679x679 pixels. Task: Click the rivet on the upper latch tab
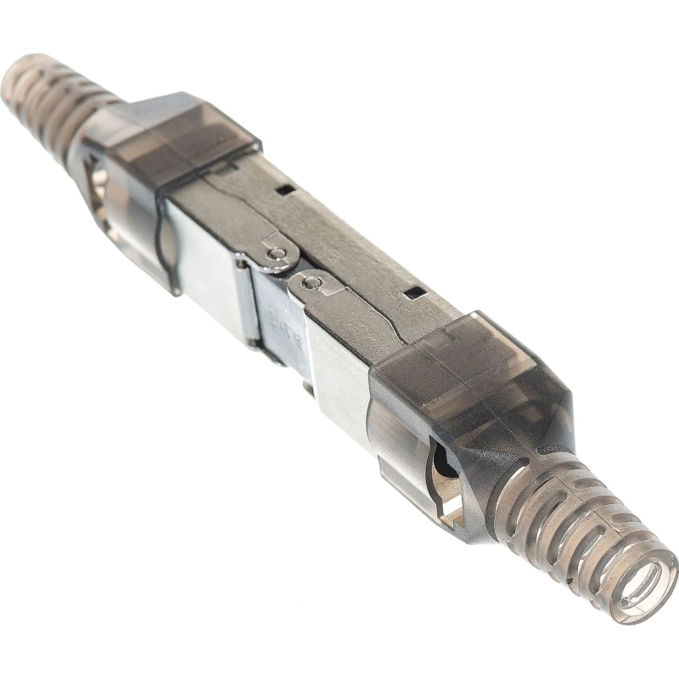pos(273,252)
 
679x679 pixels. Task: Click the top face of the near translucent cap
pos(475,356)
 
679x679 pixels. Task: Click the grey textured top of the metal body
pos(356,255)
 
